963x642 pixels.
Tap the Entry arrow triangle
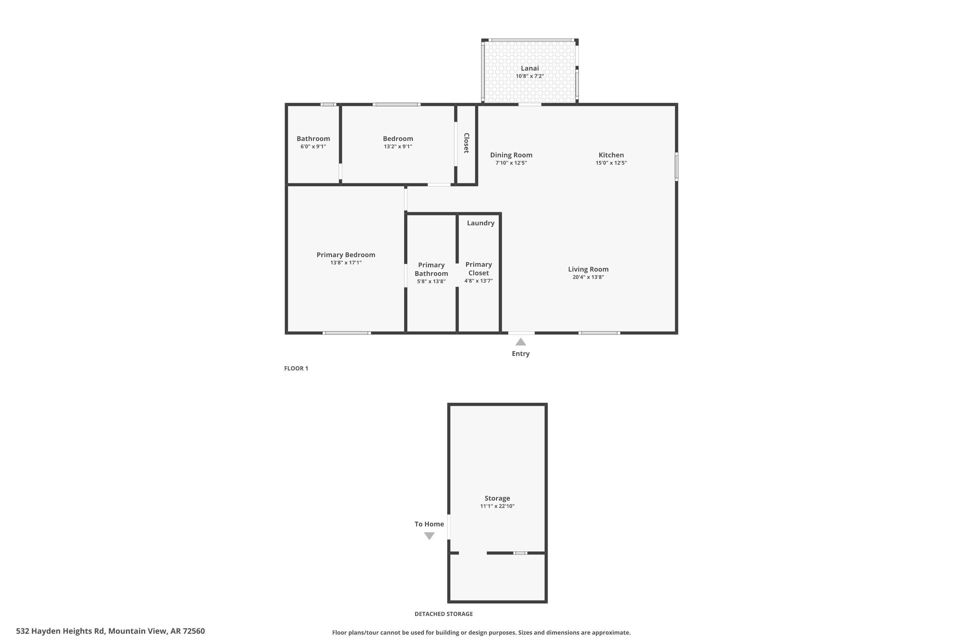point(520,342)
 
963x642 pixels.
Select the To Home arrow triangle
point(429,535)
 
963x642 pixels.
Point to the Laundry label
point(480,223)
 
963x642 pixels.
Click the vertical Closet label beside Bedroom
point(466,143)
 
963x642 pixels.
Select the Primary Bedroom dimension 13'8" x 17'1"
point(346,263)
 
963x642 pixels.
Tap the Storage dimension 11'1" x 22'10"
point(497,506)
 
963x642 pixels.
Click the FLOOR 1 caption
point(296,369)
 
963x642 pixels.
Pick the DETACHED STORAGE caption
point(443,614)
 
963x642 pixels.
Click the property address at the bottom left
point(110,631)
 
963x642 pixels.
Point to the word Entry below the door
point(520,354)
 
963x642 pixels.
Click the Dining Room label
point(511,155)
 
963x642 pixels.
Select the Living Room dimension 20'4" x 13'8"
point(588,277)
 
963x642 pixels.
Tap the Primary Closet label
point(478,269)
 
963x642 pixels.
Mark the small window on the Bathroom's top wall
point(328,104)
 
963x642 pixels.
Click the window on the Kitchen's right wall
point(676,166)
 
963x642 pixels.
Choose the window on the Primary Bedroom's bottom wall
point(347,333)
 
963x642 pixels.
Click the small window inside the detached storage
point(520,553)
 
